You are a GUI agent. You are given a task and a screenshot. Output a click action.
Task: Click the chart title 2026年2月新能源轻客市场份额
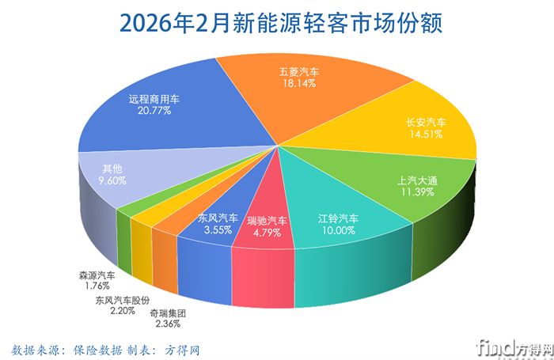tap(276, 22)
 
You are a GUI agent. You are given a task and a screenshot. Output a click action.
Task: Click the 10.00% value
tap(339, 230)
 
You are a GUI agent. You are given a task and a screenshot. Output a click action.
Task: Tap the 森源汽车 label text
tap(97, 275)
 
